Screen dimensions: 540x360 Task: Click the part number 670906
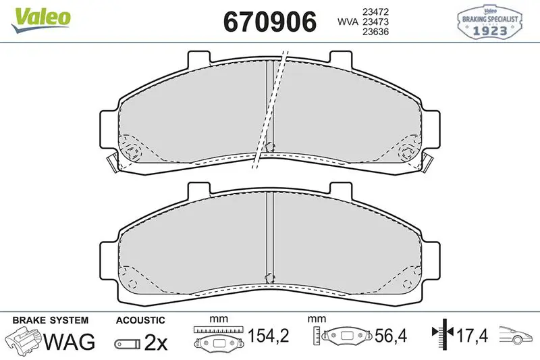pyautogui.click(x=269, y=22)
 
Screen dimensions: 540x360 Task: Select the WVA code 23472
pyautogui.click(x=375, y=11)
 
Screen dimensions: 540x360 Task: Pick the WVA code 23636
pyautogui.click(x=375, y=32)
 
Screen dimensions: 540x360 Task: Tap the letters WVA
pyautogui.click(x=348, y=22)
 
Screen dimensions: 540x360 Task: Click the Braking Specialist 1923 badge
pyautogui.click(x=490, y=22)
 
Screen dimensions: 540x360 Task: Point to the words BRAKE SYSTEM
pyautogui.click(x=50, y=320)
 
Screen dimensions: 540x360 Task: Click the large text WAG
pyautogui.click(x=70, y=341)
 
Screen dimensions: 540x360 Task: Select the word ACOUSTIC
pyautogui.click(x=140, y=320)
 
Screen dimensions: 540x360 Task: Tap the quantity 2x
pyautogui.click(x=156, y=342)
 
